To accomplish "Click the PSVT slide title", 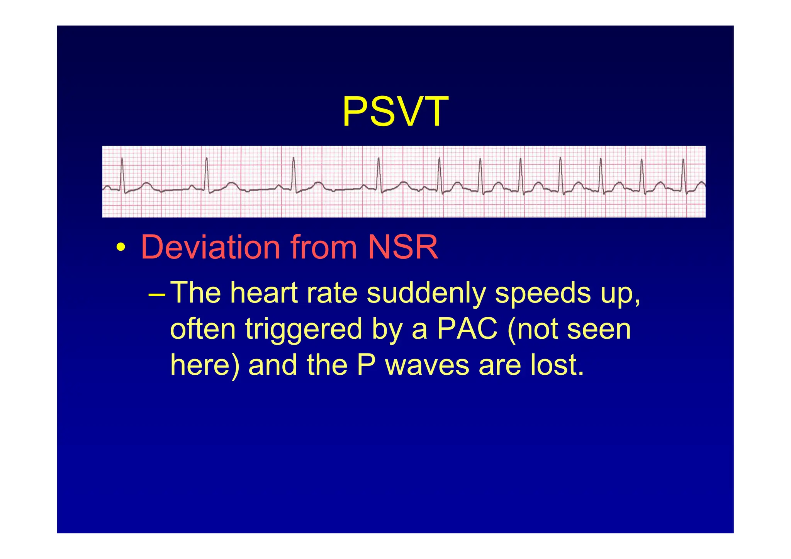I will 395,112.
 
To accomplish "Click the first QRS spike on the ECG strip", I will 122,174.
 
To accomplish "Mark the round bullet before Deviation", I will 121,248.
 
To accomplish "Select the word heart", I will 264,293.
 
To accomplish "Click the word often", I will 203,329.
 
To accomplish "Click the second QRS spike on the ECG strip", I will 207,174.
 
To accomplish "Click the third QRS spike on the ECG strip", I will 294,174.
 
